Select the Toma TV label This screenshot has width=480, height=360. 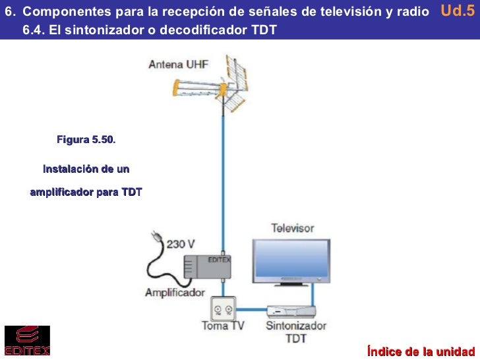tap(223, 326)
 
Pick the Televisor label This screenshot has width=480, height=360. tap(293, 229)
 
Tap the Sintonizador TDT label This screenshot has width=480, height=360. tap(296, 332)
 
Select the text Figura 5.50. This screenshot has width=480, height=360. tap(86, 140)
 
